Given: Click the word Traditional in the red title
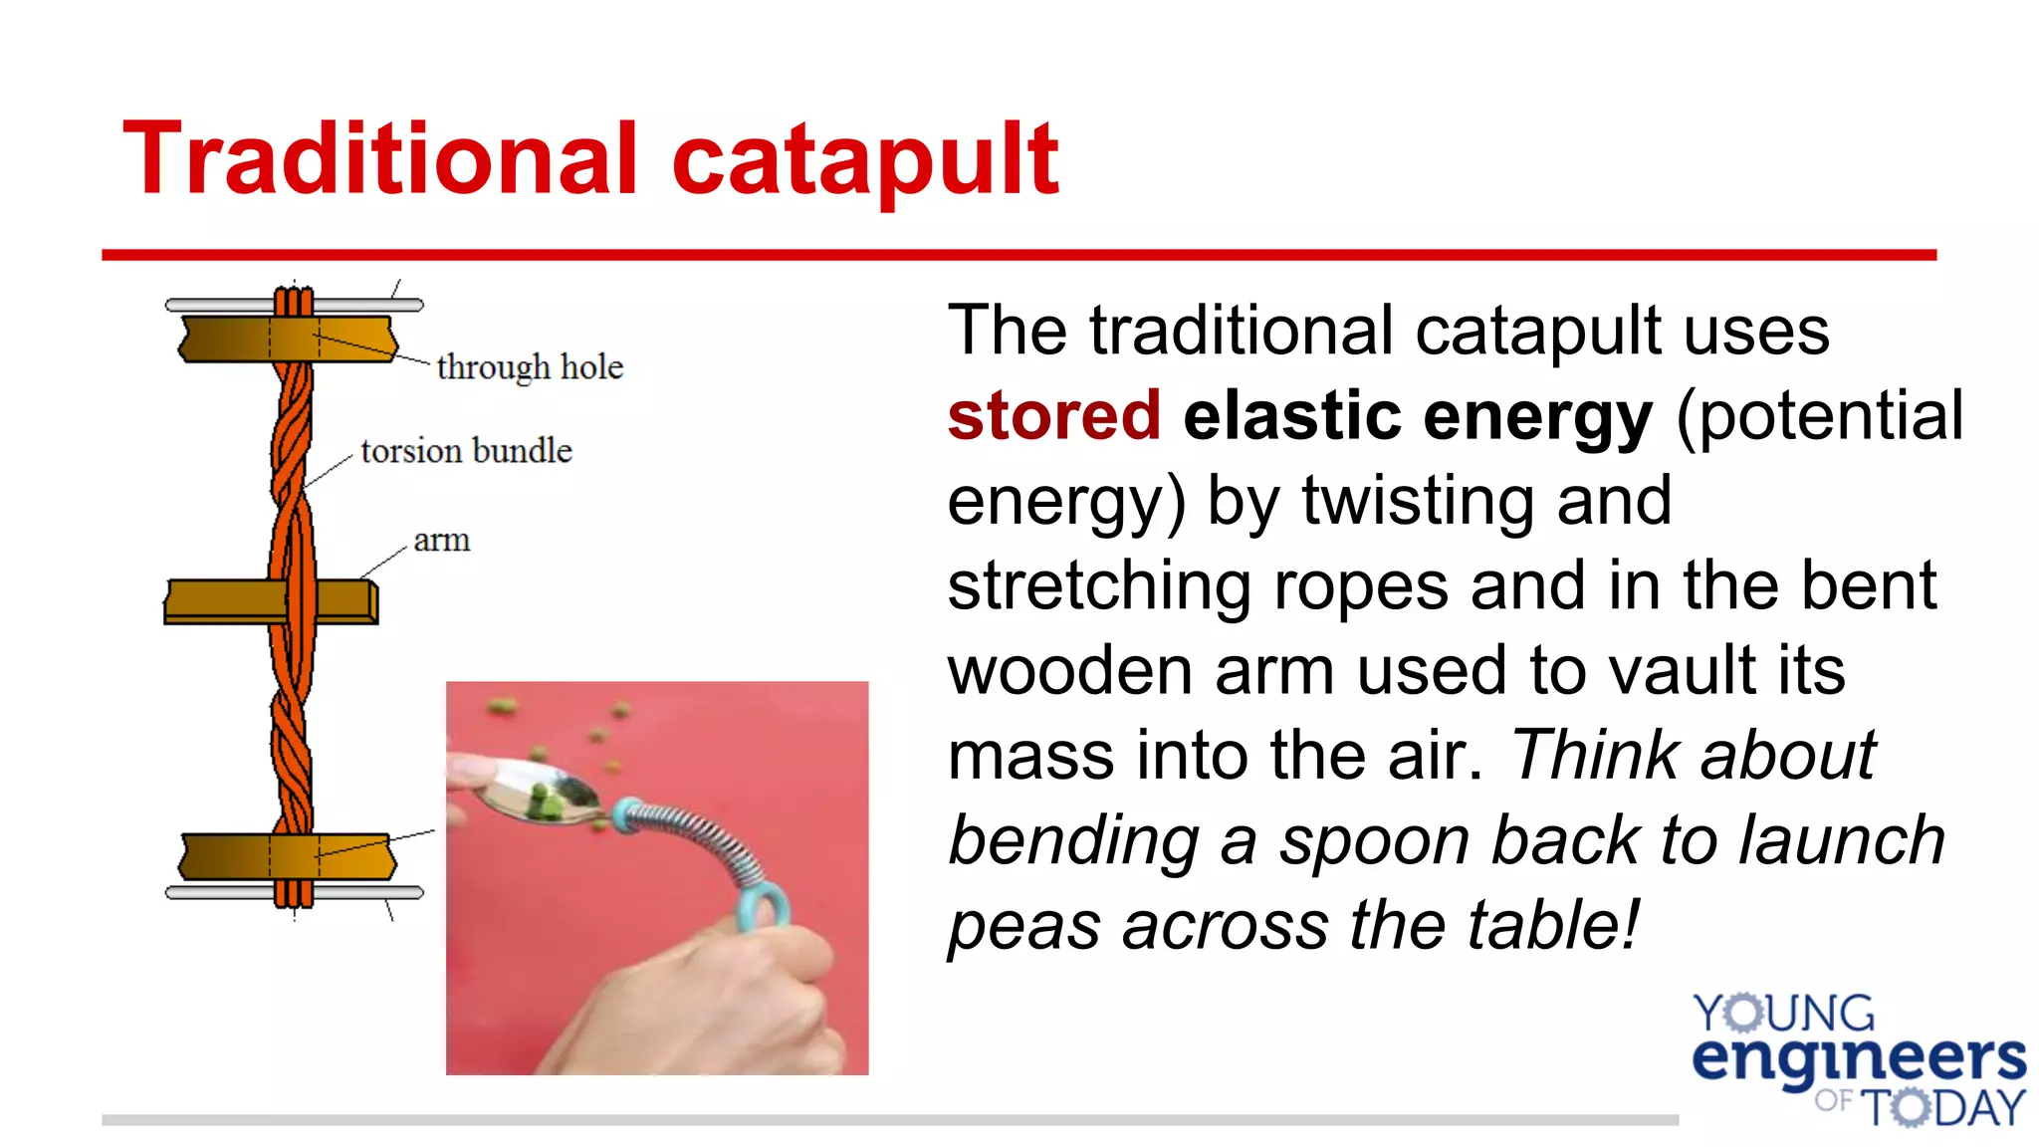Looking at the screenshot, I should [x=378, y=159].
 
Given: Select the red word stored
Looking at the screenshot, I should [x=1053, y=415].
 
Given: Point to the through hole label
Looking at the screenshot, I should [x=530, y=367].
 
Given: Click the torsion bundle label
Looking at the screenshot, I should [x=466, y=451].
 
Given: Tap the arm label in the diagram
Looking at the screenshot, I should [x=441, y=541].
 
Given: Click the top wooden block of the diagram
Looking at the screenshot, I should [x=229, y=339].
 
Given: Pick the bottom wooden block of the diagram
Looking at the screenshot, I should [x=229, y=856].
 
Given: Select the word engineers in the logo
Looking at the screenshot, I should [x=1858, y=1059].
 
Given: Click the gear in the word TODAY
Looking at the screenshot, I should [x=1909, y=1107].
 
